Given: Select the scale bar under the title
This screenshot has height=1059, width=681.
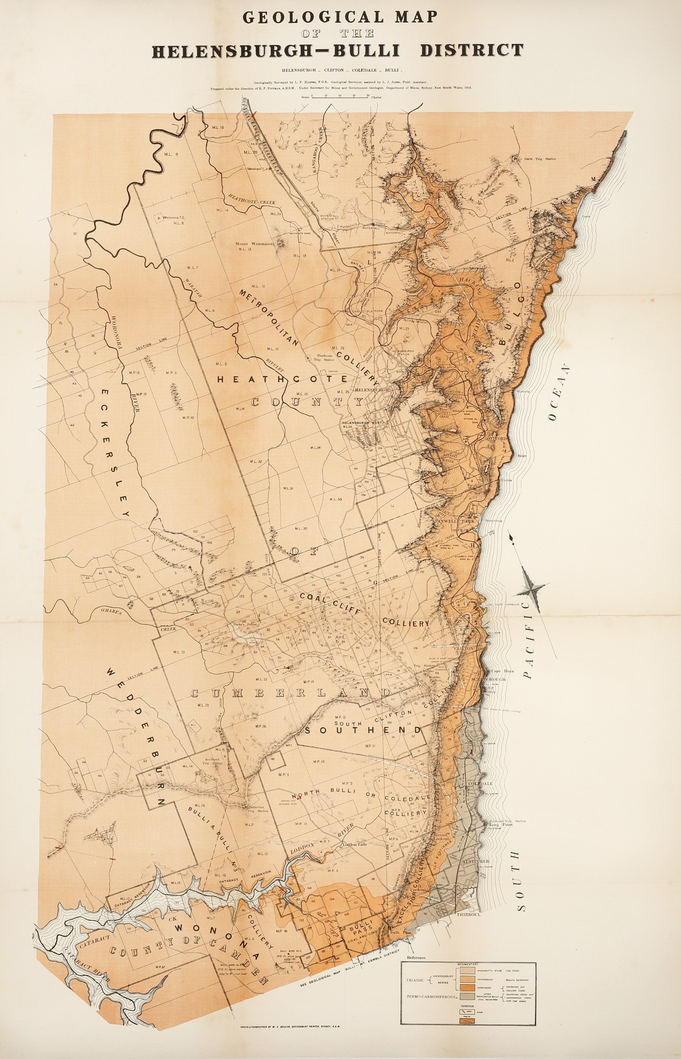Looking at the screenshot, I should [x=340, y=96].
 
